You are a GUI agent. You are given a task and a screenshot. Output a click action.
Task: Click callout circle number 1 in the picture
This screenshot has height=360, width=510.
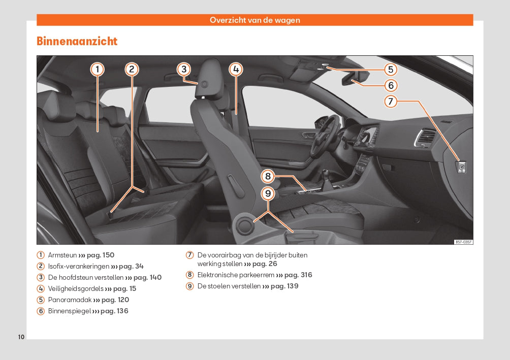point(98,69)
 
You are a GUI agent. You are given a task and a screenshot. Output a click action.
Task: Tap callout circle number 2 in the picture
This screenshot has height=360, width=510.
point(132,69)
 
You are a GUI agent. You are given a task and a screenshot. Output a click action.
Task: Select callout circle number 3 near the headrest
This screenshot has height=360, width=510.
point(184,70)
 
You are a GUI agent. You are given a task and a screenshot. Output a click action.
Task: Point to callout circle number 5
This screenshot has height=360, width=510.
point(390,70)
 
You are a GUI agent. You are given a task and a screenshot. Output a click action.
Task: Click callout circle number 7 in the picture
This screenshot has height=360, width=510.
point(390,102)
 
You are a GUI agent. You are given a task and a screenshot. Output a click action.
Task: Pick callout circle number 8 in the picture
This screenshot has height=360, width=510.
point(268,177)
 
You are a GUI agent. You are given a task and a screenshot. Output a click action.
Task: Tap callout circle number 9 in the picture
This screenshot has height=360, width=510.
point(268,193)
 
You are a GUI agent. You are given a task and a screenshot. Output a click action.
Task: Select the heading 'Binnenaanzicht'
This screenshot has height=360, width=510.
point(77,42)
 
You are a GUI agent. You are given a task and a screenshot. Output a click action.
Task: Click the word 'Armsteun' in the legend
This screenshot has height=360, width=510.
point(62,255)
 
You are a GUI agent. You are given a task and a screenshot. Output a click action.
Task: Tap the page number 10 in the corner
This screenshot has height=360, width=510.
point(21,337)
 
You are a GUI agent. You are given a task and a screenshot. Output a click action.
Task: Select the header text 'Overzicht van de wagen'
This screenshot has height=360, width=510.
point(254,20)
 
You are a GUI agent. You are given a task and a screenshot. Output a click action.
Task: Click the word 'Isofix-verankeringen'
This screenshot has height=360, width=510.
point(79,266)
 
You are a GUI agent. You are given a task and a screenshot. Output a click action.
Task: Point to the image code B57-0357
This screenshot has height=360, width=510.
point(463,242)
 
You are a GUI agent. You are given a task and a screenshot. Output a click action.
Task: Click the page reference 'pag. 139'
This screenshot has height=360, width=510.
point(284,286)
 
